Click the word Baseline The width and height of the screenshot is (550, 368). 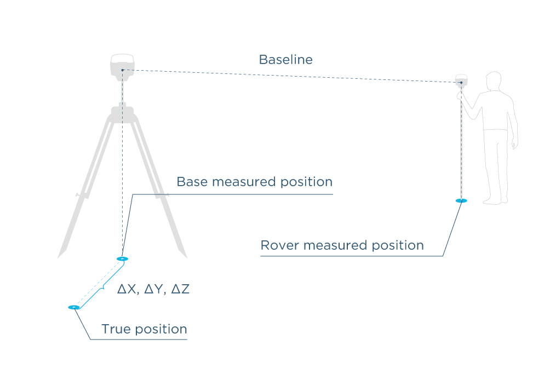285,60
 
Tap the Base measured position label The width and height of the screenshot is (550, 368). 254,182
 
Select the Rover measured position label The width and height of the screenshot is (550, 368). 342,245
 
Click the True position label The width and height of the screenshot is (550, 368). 144,330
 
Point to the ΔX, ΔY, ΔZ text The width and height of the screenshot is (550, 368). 153,289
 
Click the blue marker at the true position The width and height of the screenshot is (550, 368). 74,307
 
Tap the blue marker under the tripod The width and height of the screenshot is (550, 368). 122,258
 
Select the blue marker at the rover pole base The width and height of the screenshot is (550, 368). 461,201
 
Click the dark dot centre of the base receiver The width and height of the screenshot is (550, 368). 122,70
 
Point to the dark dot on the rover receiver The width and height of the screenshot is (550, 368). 461,83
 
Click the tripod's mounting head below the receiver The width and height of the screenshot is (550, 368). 122,113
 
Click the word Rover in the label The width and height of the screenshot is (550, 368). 279,245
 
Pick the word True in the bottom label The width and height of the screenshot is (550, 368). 114,330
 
